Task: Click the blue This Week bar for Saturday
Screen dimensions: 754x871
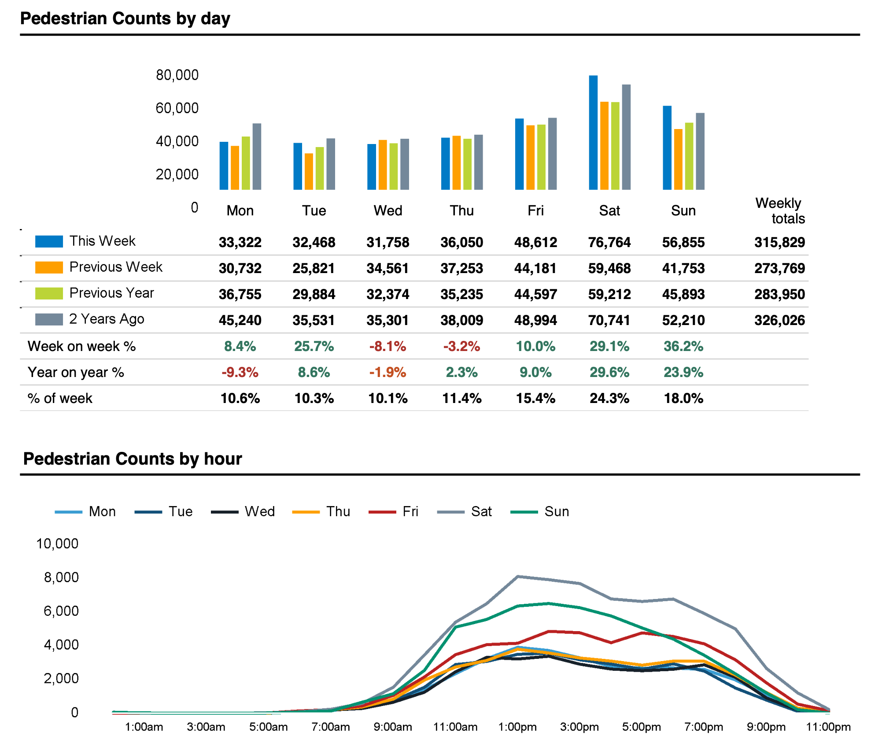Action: (x=593, y=133)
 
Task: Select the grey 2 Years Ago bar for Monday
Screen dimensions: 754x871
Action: (x=257, y=157)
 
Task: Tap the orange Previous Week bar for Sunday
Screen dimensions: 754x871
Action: (x=678, y=159)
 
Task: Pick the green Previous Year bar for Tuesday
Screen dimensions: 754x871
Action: (x=320, y=168)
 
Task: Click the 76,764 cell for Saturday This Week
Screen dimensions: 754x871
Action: (x=609, y=242)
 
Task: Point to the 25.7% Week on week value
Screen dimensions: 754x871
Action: (x=314, y=346)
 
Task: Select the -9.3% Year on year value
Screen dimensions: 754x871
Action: (x=240, y=372)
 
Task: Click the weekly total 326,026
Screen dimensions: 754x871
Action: (x=779, y=320)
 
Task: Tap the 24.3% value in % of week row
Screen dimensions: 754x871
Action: (x=609, y=398)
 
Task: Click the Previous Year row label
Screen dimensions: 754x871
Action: (x=111, y=293)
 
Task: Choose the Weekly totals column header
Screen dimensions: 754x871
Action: (x=780, y=211)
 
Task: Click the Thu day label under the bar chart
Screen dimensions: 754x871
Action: (x=461, y=211)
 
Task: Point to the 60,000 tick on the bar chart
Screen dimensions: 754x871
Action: (x=177, y=108)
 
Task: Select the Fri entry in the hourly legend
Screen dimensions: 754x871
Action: (x=410, y=511)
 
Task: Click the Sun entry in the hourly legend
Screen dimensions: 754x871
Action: (x=557, y=511)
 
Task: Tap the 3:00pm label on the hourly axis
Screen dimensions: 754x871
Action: (x=579, y=727)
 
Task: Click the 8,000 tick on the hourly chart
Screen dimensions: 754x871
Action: (x=61, y=577)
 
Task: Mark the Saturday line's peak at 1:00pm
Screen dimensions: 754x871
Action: (x=518, y=576)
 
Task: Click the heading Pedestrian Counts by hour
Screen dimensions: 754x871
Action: (x=133, y=458)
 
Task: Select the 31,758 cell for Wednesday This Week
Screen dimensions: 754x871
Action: (x=388, y=242)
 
